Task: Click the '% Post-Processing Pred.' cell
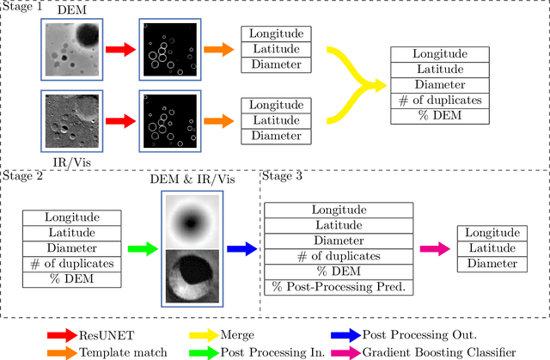(x=338, y=287)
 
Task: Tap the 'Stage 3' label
(x=283, y=176)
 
